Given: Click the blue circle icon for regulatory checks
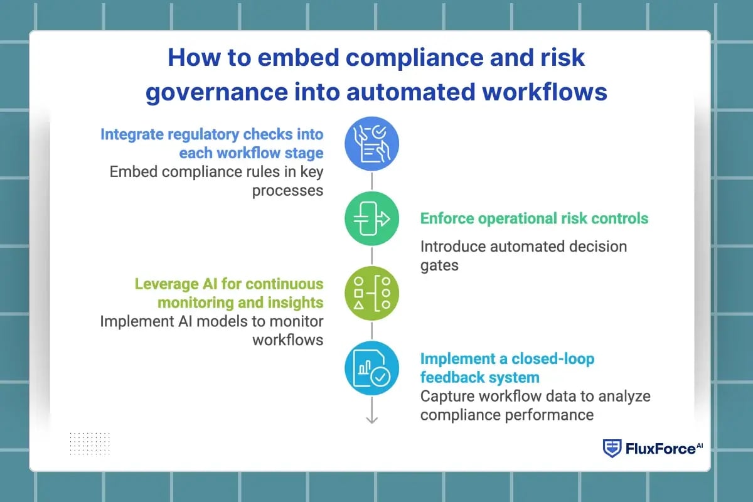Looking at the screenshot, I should [x=371, y=143].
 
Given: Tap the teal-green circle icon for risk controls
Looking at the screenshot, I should [x=371, y=218].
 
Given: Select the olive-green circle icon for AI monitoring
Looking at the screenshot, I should [x=371, y=294].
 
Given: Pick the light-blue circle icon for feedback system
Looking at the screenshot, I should [x=371, y=368].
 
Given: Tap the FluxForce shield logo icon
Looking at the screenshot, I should [x=612, y=448].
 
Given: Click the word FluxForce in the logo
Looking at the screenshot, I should [x=660, y=449].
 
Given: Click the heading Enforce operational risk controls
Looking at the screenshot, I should [x=534, y=218].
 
